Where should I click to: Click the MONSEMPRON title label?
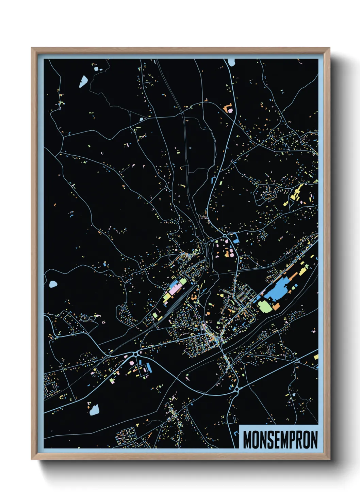pos(280,440)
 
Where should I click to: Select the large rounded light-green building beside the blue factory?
pos(265,305)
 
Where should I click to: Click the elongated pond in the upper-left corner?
pos(83,81)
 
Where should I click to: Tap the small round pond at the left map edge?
pos(53,284)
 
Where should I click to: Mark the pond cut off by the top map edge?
pos(231,62)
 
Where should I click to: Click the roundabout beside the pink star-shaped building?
pos(136,354)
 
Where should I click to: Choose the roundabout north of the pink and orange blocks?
pos(225,236)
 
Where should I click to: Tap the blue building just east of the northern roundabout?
pos(235,237)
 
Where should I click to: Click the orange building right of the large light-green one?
pos(276,306)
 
